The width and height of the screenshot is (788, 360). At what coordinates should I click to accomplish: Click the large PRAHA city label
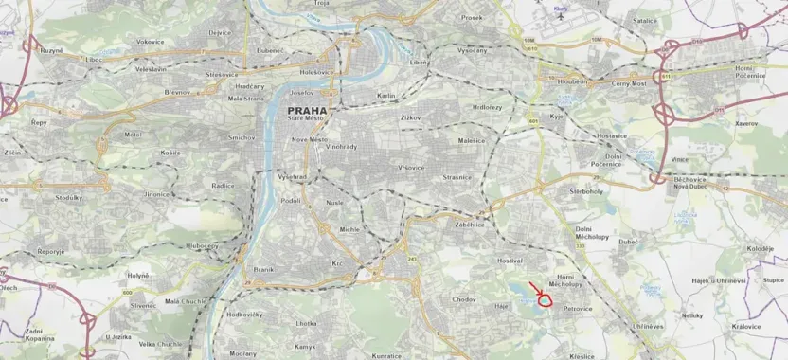pyautogui.click(x=305, y=110)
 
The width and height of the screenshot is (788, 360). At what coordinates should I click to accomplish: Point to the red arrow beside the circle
pyautogui.click(x=534, y=289)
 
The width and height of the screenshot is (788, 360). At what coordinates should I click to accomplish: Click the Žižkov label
pyautogui.click(x=409, y=117)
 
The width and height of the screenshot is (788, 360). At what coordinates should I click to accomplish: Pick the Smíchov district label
pyautogui.click(x=242, y=137)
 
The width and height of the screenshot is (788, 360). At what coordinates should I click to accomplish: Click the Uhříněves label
pyautogui.click(x=649, y=326)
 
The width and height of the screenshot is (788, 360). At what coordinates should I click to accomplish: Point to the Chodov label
pyautogui.click(x=464, y=299)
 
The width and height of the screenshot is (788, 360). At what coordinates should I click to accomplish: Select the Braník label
pyautogui.click(x=262, y=270)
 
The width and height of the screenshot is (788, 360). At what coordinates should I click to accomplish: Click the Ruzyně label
pyautogui.click(x=50, y=49)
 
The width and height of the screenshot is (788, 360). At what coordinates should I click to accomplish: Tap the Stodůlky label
pyautogui.click(x=69, y=198)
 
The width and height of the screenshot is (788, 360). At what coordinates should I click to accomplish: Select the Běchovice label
pyautogui.click(x=692, y=178)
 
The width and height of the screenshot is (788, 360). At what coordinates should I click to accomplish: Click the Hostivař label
pyautogui.click(x=509, y=260)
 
